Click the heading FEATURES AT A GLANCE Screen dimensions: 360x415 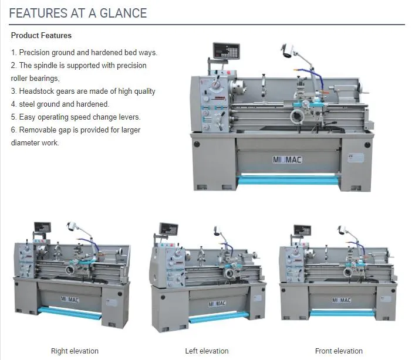coord(78,13)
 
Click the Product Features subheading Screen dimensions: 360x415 coord(41,36)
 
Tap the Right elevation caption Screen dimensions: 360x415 coord(75,351)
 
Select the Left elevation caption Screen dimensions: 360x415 coord(207,351)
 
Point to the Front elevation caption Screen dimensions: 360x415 coord(339,351)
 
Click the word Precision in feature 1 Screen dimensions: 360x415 coord(35,53)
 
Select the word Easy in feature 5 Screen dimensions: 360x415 coord(27,117)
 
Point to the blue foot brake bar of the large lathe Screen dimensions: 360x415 coord(288,179)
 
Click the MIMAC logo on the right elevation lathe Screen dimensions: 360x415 coord(70,300)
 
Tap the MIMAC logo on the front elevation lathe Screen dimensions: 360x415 coord(342,300)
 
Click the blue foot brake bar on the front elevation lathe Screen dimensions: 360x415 coord(342,313)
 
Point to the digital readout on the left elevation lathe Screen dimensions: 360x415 coord(170,229)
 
